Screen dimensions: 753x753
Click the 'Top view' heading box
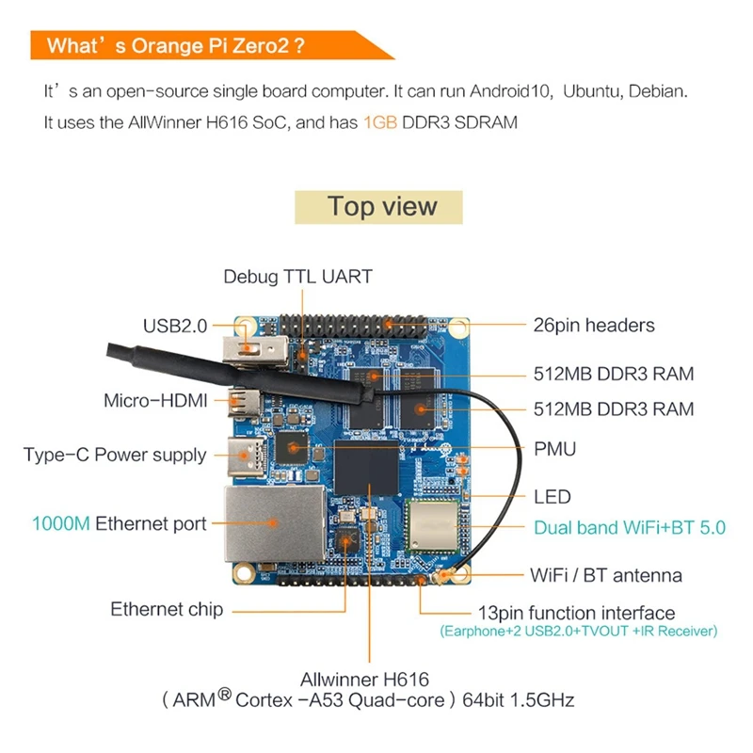click(x=381, y=207)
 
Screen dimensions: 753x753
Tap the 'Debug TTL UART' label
click(x=297, y=277)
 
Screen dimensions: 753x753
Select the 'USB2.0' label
click(x=174, y=327)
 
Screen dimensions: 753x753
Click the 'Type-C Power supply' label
click(x=115, y=456)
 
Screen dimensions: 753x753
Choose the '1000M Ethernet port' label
click(x=119, y=524)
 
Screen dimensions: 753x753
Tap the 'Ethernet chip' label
click(x=167, y=609)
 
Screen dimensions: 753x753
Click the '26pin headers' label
click(x=593, y=326)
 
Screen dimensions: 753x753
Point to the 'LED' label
click(x=552, y=496)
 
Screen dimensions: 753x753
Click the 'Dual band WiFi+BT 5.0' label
click(x=630, y=527)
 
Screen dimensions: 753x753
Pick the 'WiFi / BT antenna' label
click(x=606, y=575)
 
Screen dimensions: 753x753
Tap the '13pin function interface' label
click(x=576, y=613)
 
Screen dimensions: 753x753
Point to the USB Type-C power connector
click(x=251, y=456)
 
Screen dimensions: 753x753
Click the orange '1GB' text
click(x=380, y=122)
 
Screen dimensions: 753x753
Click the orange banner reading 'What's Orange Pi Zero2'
click(x=179, y=46)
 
